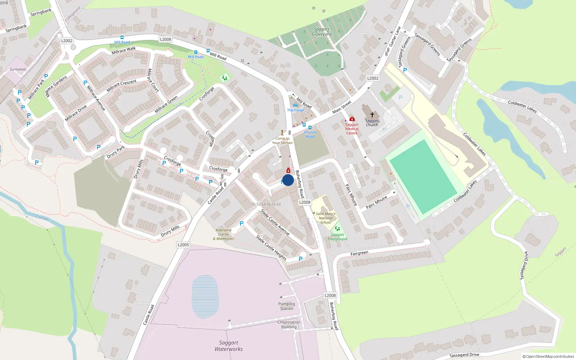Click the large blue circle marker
(288, 180)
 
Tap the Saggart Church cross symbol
(372, 114)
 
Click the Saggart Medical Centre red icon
(352, 119)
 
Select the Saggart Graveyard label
(321, 32)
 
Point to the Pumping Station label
(287, 306)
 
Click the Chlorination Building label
(289, 324)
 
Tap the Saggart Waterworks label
(229, 346)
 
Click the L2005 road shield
(183, 245)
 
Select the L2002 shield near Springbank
(67, 41)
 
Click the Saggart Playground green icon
(337, 229)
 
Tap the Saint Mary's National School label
(325, 218)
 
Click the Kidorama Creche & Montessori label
(224, 234)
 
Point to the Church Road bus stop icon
(310, 127)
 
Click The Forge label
(296, 110)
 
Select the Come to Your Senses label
(282, 140)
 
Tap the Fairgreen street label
(359, 253)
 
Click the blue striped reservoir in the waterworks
(205, 297)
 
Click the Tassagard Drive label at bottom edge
(464, 355)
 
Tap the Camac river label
(42, 217)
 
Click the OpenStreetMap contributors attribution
(548, 356)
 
